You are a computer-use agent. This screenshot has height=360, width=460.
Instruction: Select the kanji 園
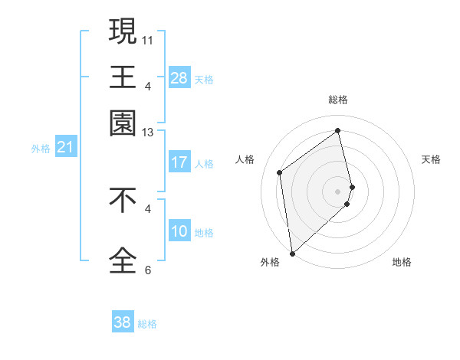point(123,123)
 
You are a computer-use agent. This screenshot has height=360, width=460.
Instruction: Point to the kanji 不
point(123,200)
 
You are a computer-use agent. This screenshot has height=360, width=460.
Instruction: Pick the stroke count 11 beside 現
point(148,39)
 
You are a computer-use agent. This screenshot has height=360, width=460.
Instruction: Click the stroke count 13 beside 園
point(148,133)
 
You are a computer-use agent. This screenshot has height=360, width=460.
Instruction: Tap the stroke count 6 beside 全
point(148,270)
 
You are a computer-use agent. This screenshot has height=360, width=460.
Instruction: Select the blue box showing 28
point(179,78)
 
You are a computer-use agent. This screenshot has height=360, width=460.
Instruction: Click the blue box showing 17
point(179,162)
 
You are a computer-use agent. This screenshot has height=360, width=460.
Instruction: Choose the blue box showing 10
point(179,231)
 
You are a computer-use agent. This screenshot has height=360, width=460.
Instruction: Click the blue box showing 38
point(122,322)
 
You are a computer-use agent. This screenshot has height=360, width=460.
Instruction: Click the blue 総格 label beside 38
point(147,324)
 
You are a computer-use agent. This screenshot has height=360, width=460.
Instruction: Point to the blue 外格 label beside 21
point(40,149)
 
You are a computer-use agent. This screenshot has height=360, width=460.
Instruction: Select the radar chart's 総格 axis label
point(338,100)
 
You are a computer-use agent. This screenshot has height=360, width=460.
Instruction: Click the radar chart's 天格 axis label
point(431,159)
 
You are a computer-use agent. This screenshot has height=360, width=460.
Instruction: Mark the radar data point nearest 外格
point(292,253)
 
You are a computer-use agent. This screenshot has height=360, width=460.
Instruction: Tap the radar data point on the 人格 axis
point(280,172)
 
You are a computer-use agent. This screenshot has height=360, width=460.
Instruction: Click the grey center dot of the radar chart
point(338,190)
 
